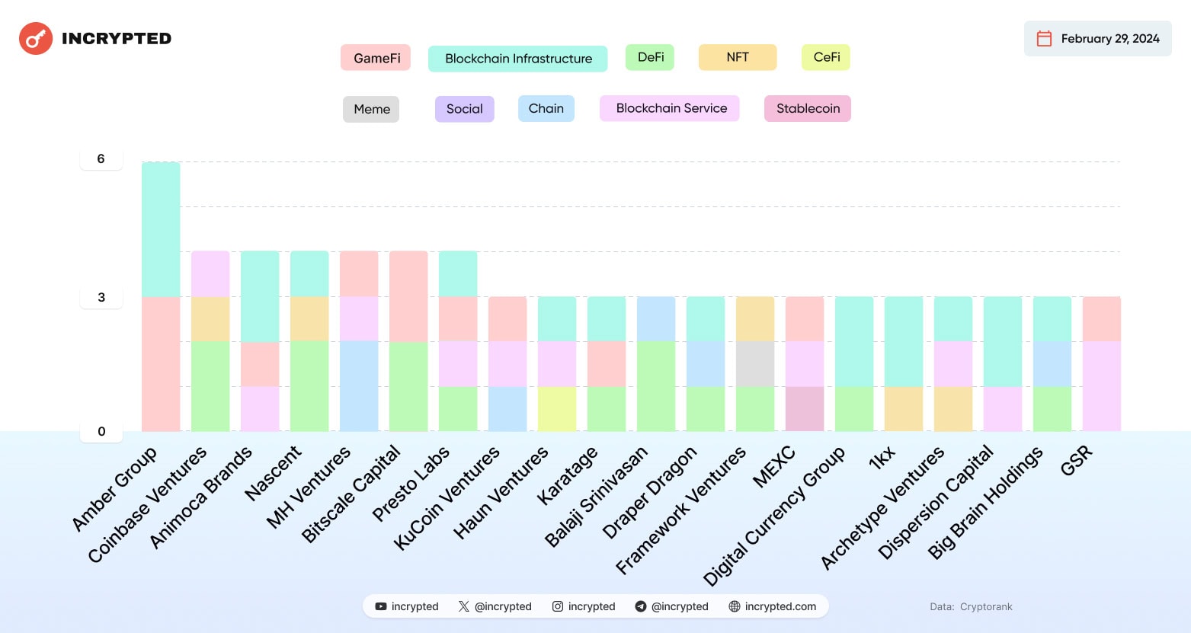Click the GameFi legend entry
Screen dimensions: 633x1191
[x=376, y=58]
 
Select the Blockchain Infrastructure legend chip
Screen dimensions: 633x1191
[x=518, y=59]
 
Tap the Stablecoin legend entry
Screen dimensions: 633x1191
[x=808, y=108]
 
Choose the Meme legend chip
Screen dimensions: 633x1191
[x=371, y=109]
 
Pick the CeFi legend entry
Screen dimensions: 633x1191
[x=826, y=57]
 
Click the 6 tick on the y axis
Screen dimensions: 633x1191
[x=101, y=158]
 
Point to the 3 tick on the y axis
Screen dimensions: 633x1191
[x=101, y=297]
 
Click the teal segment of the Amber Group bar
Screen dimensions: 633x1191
[x=161, y=229]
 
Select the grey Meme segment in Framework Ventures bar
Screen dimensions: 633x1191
[x=755, y=364]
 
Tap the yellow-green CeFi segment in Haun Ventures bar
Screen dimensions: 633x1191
[x=557, y=409]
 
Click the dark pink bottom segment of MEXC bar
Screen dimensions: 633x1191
[x=805, y=409]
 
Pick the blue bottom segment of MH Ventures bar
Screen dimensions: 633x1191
[x=359, y=386]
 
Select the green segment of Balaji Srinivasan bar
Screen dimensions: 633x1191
[x=656, y=386]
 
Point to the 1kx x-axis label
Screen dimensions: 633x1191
[x=882, y=458]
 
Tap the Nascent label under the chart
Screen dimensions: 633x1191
[x=273, y=474]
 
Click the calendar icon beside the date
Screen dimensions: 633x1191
[x=1044, y=39]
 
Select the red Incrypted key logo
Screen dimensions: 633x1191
[x=36, y=39]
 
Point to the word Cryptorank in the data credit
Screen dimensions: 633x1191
[x=986, y=607]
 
